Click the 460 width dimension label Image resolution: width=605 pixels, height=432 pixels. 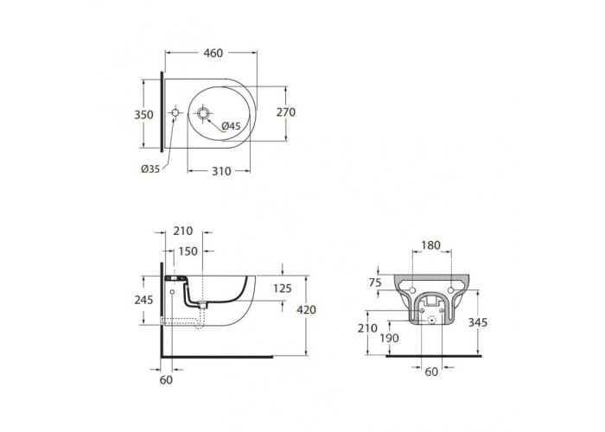point(213,53)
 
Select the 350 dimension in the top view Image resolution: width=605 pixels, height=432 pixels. point(143,115)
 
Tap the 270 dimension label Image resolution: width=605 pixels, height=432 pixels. point(286,112)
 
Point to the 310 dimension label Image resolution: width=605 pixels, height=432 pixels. point(221,171)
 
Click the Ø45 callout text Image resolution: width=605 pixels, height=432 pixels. point(231,126)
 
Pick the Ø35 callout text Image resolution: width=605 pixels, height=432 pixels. point(150,169)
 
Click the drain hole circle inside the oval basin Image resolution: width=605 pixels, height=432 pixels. point(203,113)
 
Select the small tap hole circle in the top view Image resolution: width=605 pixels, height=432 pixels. point(175,112)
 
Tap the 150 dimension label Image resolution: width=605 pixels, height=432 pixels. point(188,251)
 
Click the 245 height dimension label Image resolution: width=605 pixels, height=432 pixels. point(143,300)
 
